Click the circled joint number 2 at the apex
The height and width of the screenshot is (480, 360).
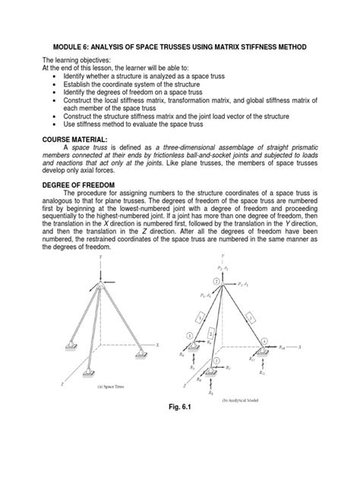pos(216,281)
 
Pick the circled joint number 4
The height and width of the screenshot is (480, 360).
pos(266,342)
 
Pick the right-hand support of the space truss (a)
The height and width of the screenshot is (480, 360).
pos(141,352)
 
